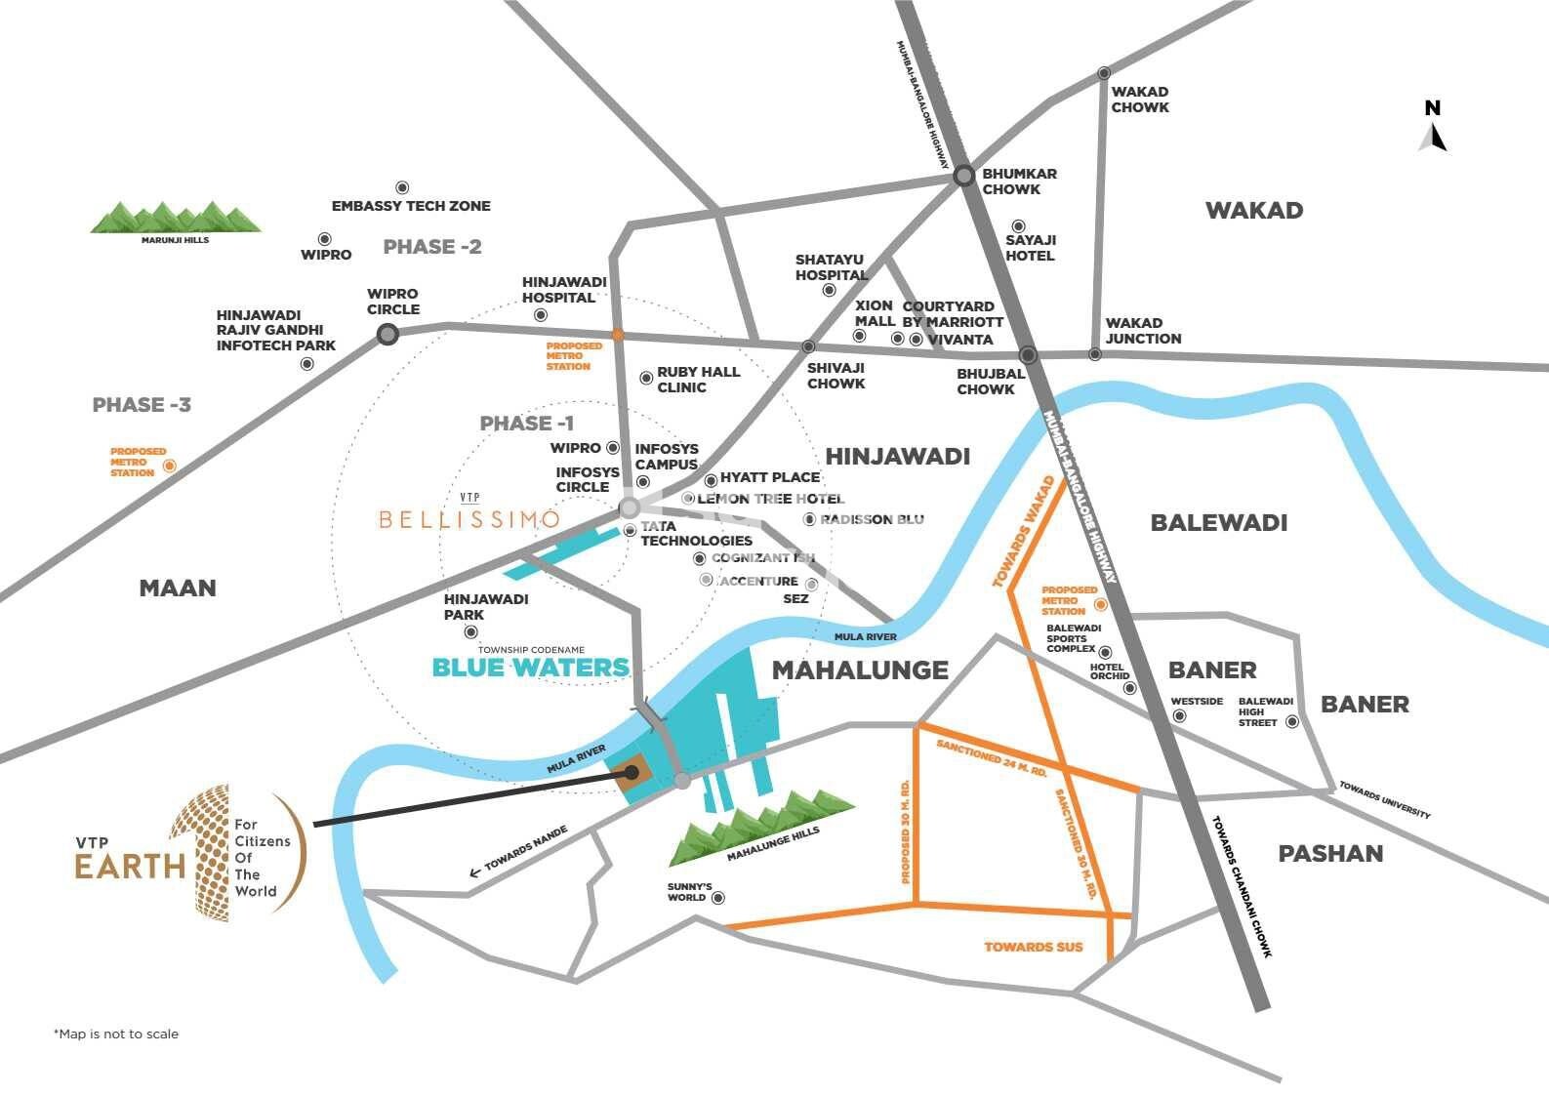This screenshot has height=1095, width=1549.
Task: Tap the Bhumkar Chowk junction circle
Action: click(964, 176)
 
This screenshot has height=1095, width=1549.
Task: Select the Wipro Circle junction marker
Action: click(387, 335)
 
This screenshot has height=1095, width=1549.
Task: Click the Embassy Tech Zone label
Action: click(411, 206)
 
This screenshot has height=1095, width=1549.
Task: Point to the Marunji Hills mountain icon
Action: click(176, 218)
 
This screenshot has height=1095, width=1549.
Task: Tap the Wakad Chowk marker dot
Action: click(1104, 73)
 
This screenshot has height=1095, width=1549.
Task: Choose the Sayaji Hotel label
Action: click(1031, 247)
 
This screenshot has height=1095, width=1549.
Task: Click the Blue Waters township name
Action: click(531, 668)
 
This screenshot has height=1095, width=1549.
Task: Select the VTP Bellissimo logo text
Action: click(469, 518)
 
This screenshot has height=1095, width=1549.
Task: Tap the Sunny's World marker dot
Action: click(719, 898)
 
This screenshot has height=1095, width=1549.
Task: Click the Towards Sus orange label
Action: click(1033, 947)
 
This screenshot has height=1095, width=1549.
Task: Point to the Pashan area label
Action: click(1330, 854)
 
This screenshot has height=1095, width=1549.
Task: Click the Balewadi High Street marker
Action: click(1292, 722)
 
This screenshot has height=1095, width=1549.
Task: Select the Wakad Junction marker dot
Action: click(1095, 354)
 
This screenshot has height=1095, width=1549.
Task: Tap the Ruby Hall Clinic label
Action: click(698, 380)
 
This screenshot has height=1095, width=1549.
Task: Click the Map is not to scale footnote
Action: click(116, 1034)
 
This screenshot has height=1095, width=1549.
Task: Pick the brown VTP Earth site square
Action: click(631, 773)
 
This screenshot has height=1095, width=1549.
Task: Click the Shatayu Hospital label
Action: click(832, 267)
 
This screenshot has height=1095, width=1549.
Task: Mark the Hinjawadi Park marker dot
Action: click(471, 633)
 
